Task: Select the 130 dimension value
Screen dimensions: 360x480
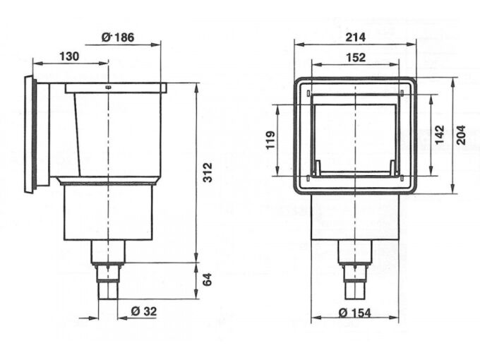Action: coord(69,56)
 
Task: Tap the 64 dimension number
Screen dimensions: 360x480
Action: coord(208,281)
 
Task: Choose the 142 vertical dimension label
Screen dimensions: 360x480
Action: coord(439,135)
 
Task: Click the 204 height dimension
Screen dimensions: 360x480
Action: coord(462,135)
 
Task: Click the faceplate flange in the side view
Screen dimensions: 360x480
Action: coord(30,133)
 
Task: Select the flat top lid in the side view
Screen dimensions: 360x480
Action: coord(116,88)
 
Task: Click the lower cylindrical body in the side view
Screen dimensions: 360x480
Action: coord(109,212)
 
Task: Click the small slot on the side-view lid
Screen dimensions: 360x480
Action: coord(109,88)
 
